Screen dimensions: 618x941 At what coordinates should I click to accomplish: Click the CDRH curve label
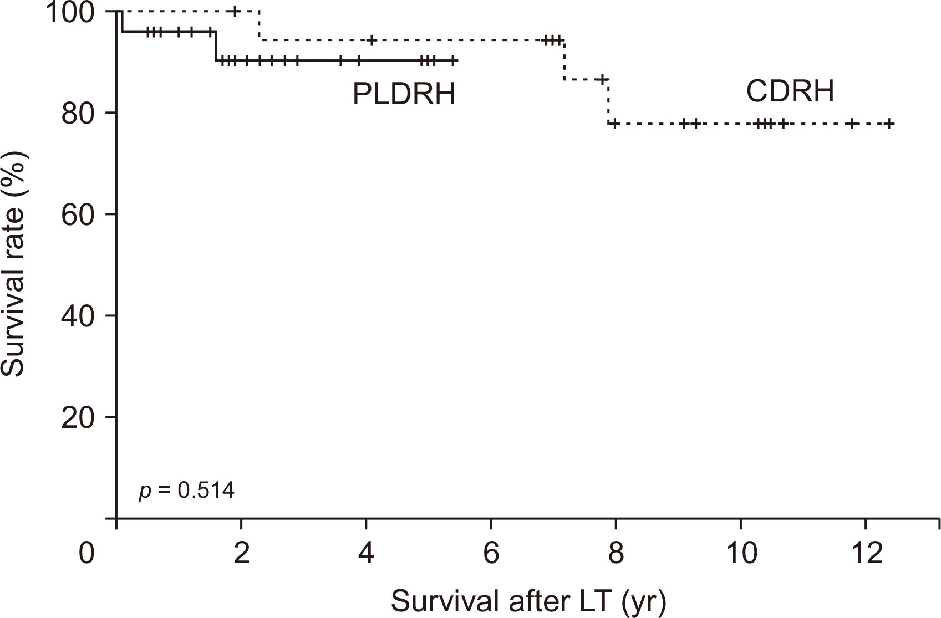pyautogui.click(x=790, y=91)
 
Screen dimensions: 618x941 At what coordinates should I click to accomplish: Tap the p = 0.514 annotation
pyautogui.click(x=186, y=491)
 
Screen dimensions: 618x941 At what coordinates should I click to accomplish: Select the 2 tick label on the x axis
pyautogui.click(x=241, y=554)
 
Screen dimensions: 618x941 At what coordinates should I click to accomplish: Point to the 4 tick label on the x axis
pyautogui.click(x=366, y=554)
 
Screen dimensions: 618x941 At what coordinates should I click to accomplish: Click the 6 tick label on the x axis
pyautogui.click(x=491, y=554)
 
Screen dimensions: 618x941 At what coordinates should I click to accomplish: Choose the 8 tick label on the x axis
pyautogui.click(x=616, y=554)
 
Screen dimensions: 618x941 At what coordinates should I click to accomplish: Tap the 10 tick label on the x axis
pyautogui.click(x=741, y=554)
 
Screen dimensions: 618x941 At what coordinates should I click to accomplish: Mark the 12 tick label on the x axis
pyautogui.click(x=866, y=554)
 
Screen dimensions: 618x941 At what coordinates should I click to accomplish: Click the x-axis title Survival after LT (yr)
pyautogui.click(x=528, y=601)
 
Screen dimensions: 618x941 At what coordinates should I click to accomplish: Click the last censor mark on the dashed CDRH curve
pyautogui.click(x=889, y=124)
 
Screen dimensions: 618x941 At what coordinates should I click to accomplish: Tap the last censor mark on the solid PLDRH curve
pyautogui.click(x=452, y=60)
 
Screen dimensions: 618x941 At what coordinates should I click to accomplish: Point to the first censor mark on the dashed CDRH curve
pyautogui.click(x=235, y=11)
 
